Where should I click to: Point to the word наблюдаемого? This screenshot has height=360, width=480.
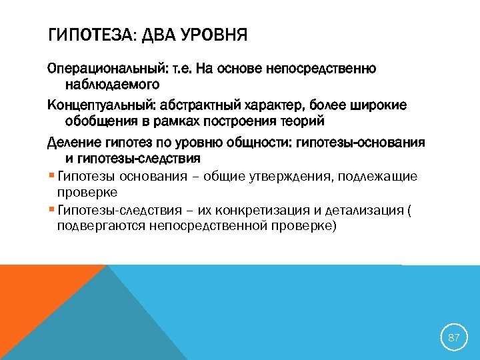click(x=112, y=85)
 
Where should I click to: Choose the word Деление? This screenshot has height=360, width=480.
click(x=74, y=143)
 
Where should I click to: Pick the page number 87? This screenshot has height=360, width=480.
click(x=454, y=337)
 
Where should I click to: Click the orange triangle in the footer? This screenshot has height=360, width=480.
click(x=33, y=300)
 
